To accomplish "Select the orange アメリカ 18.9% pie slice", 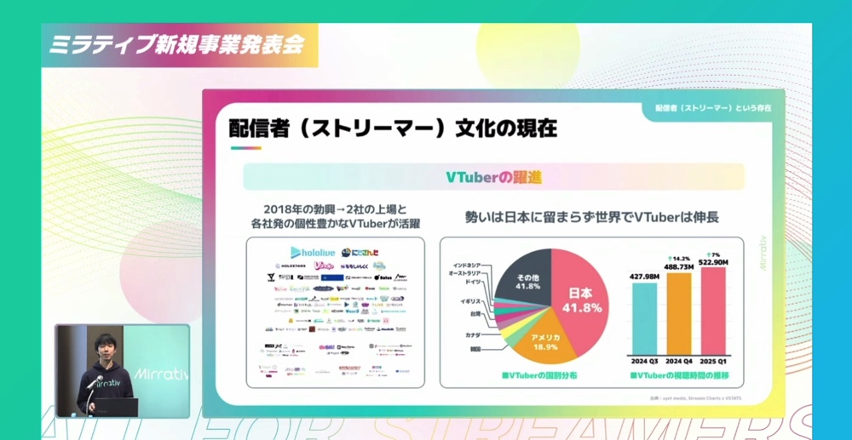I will [545, 341].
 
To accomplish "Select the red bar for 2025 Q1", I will [712, 310].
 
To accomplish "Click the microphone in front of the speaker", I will [95, 382].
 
